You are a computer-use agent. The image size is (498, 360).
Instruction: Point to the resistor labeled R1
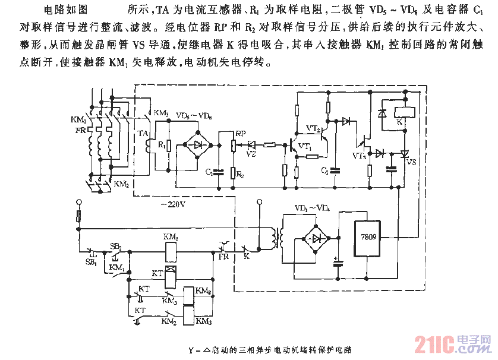coord(170,145)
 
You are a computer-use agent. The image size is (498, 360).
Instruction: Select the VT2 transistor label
coord(313,128)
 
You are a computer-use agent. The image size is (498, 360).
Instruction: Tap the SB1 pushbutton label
coord(90,263)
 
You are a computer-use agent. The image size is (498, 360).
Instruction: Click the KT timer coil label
coord(157,274)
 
